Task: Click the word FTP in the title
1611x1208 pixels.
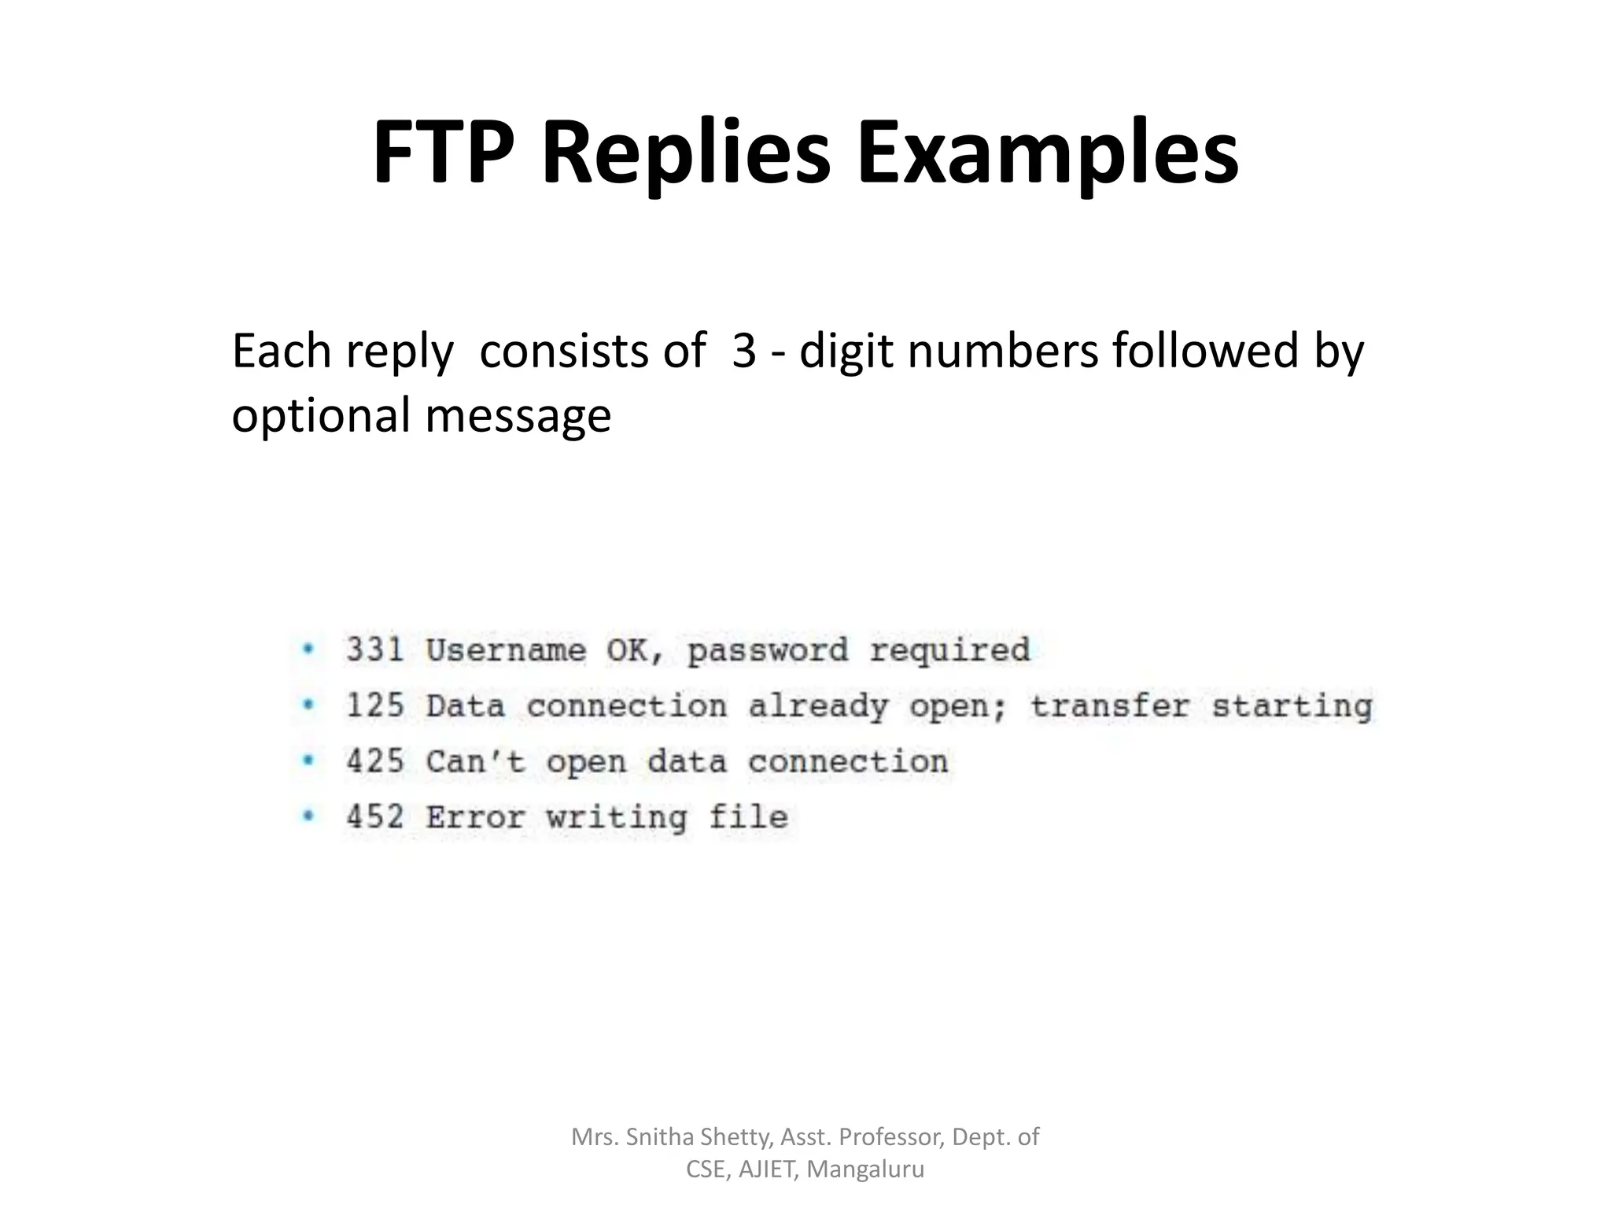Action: pyautogui.click(x=443, y=153)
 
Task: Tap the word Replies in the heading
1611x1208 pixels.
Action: pyautogui.click(x=685, y=153)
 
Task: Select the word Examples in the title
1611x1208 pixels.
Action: pyautogui.click(x=1047, y=153)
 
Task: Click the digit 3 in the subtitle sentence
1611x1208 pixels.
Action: pyautogui.click(x=743, y=351)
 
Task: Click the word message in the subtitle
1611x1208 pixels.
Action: pyautogui.click(x=518, y=415)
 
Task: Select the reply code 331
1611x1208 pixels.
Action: pyautogui.click(x=375, y=650)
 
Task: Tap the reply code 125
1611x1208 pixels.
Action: pyautogui.click(x=375, y=705)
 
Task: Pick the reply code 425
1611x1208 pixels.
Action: pyautogui.click(x=375, y=761)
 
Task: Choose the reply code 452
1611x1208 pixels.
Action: pyautogui.click(x=375, y=816)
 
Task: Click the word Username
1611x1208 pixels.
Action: pyautogui.click(x=506, y=650)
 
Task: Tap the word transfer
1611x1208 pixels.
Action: pyautogui.click(x=1109, y=705)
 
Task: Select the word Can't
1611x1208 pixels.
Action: pyautogui.click(x=475, y=761)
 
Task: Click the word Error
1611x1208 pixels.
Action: pyautogui.click(x=475, y=816)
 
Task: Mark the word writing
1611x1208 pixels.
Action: pyautogui.click(x=617, y=818)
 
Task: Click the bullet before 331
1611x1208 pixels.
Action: pyautogui.click(x=308, y=650)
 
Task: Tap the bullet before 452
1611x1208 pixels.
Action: pyautogui.click(x=308, y=816)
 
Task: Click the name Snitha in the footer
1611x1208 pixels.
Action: pyautogui.click(x=659, y=1136)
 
